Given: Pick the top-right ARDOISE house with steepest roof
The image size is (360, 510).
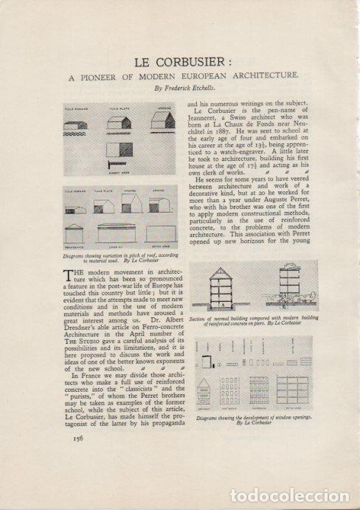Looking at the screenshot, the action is (x=162, y=120).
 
